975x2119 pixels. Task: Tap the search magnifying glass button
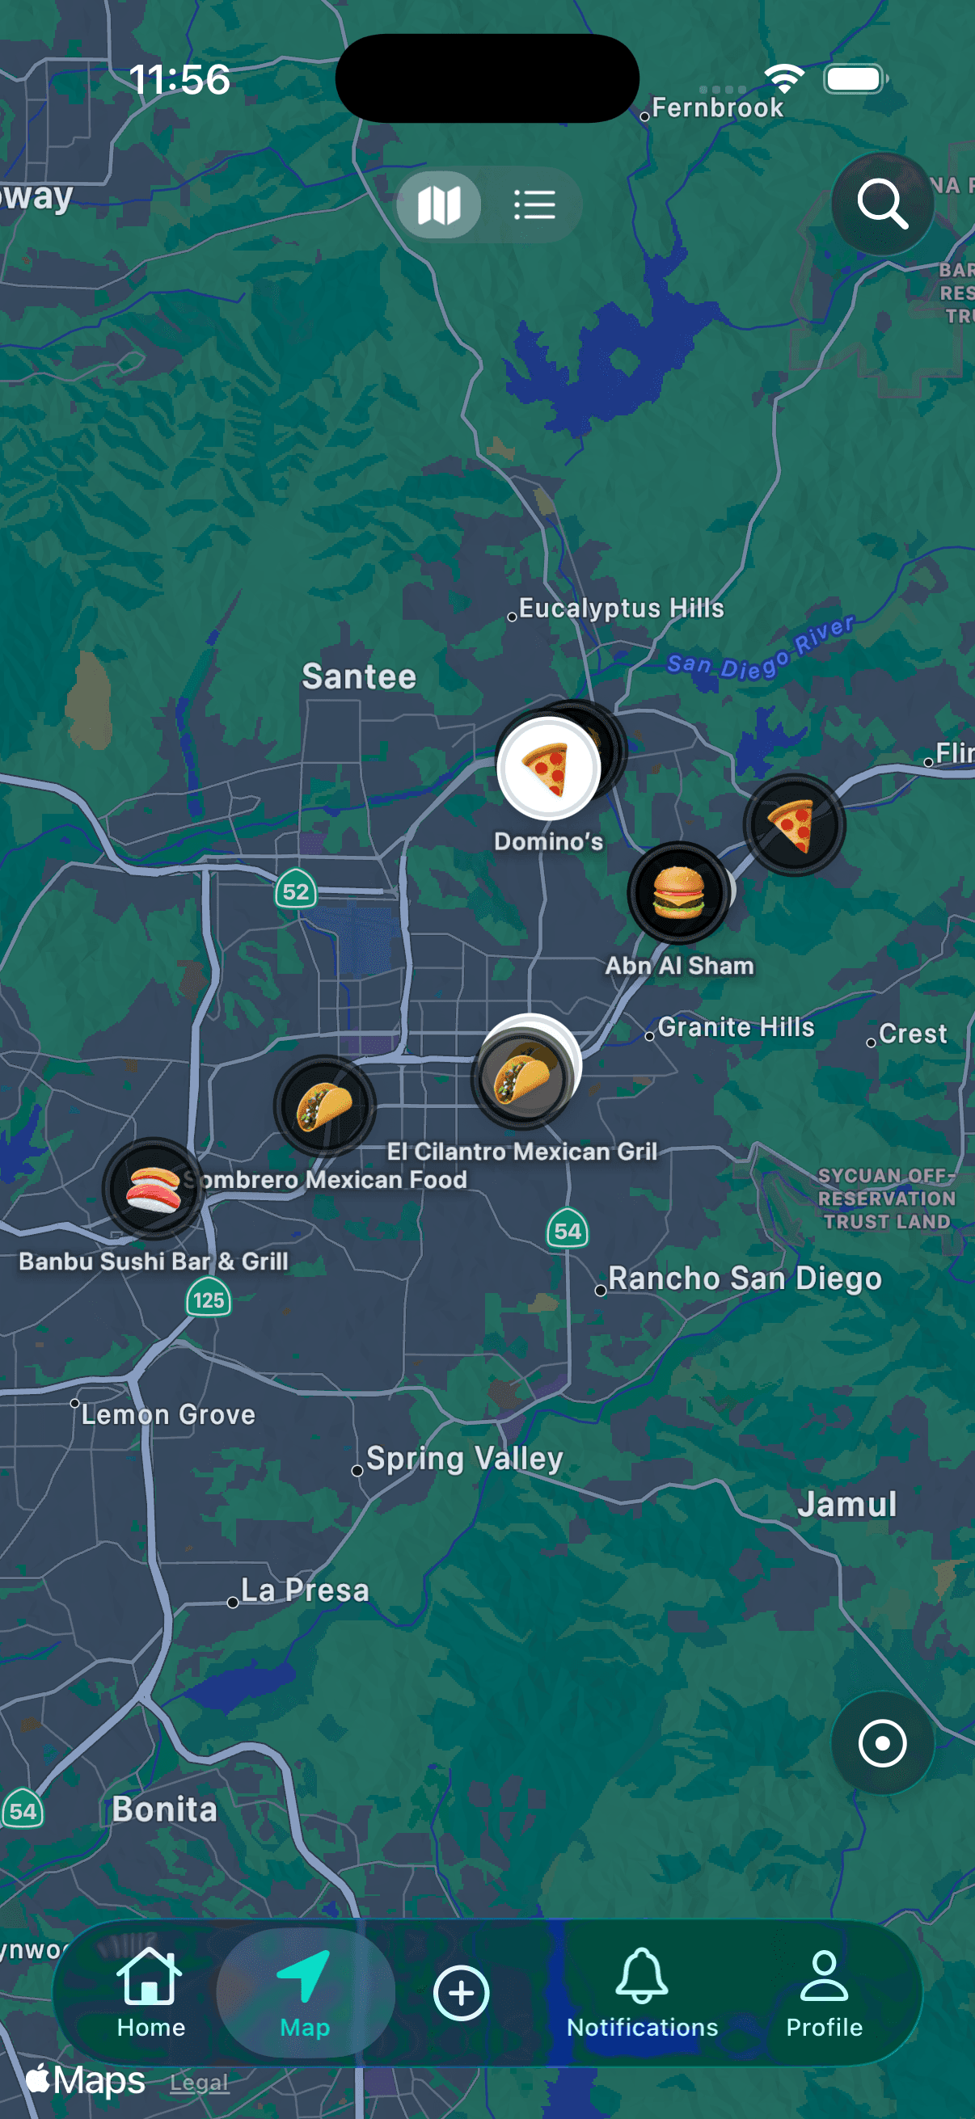point(882,203)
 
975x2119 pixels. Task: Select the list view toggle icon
point(534,204)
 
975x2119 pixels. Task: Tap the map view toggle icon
point(438,204)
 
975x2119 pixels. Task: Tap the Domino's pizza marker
point(547,769)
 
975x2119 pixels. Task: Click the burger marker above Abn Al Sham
point(679,892)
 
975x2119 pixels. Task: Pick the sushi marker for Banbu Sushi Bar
point(153,1188)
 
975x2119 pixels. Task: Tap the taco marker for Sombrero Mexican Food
point(324,1106)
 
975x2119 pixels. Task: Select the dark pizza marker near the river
point(794,825)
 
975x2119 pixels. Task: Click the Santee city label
point(359,676)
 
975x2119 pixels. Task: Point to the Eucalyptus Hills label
point(621,608)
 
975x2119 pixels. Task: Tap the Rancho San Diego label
point(745,1279)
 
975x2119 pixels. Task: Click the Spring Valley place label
point(464,1459)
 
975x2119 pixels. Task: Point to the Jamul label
point(846,1504)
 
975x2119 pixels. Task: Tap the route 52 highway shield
point(295,891)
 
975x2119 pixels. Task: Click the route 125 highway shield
point(208,1300)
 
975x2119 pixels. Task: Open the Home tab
point(150,1991)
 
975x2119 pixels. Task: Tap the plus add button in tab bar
point(461,1992)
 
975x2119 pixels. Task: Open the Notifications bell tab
point(642,1991)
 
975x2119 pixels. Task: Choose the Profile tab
point(824,1991)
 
